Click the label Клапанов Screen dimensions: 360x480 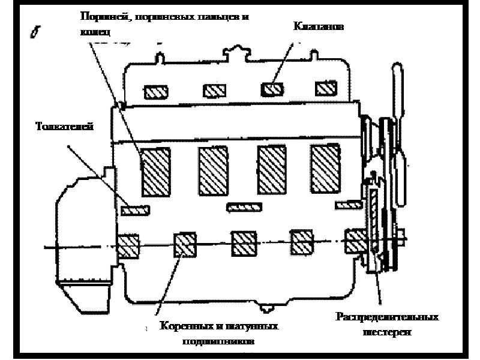[318, 26]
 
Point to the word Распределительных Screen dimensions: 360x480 [387, 316]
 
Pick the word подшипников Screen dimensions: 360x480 [218, 342]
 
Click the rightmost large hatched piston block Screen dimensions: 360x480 [326, 168]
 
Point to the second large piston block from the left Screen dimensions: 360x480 [214, 171]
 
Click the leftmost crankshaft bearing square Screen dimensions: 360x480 [128, 245]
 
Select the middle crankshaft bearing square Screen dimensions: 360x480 [244, 242]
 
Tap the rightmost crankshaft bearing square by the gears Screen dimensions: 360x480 [356, 241]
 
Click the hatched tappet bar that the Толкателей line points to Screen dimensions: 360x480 [136, 209]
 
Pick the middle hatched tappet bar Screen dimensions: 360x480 [244, 207]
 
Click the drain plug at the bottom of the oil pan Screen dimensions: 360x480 [266, 308]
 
